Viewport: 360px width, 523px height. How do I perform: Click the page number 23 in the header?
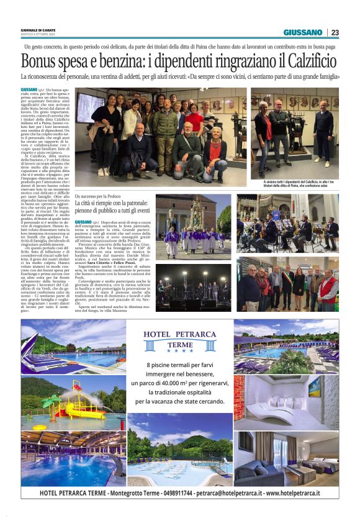pyautogui.click(x=335, y=32)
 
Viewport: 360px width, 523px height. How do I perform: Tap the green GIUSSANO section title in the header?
pyautogui.click(x=303, y=32)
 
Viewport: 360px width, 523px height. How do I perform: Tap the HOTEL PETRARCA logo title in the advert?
pyautogui.click(x=180, y=336)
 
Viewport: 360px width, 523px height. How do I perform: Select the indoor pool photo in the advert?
pyautogui.click(x=73, y=458)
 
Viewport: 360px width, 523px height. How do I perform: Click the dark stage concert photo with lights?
pyautogui.click(x=193, y=288)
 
